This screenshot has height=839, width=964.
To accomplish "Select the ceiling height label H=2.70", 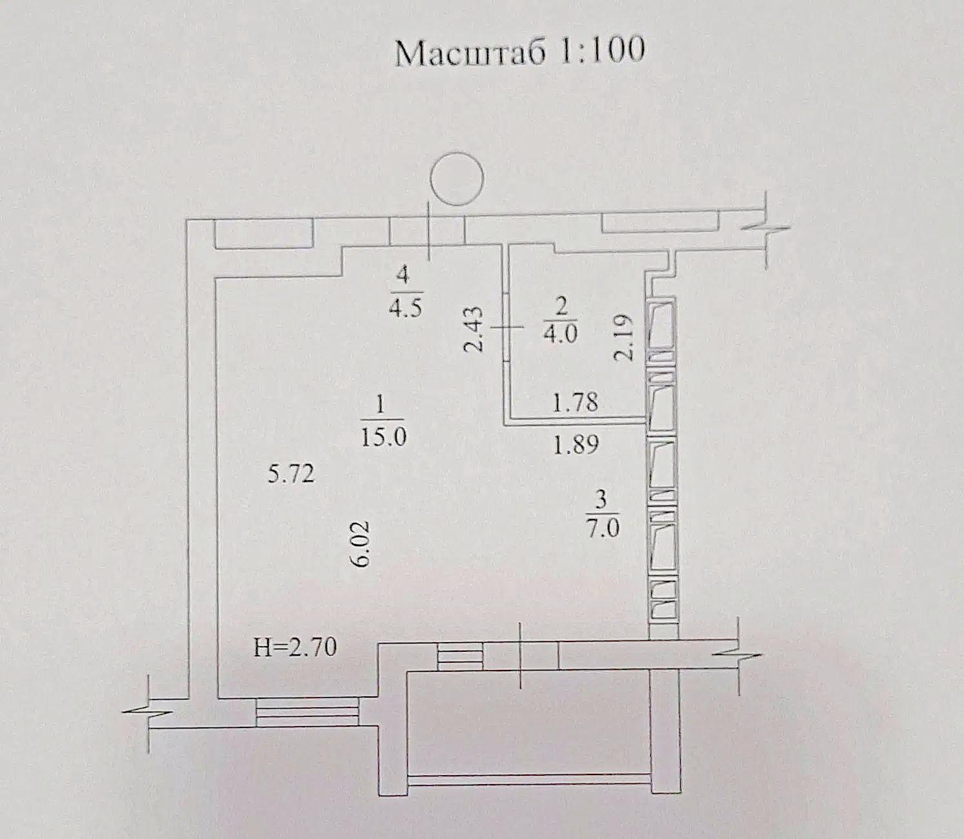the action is [x=296, y=647].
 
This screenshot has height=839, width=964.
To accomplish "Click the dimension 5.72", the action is [x=291, y=474].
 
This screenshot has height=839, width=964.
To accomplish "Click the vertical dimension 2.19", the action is [x=623, y=337].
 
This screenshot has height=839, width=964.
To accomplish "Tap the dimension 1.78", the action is [x=575, y=402].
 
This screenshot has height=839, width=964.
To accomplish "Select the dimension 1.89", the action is [x=576, y=444].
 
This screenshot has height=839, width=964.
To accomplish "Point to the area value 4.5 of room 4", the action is [x=406, y=308].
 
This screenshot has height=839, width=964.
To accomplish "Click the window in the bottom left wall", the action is [x=307, y=712].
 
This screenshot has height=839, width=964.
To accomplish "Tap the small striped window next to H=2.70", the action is [x=460, y=656].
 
